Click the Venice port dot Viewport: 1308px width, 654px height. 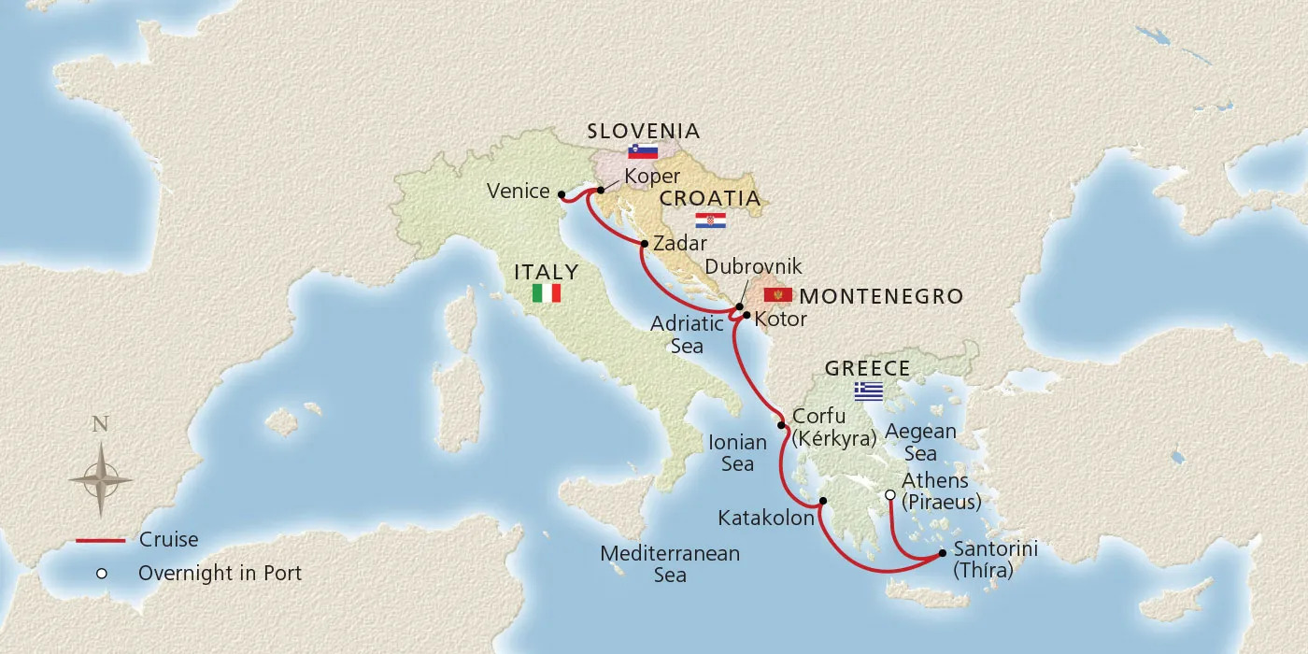point(561,195)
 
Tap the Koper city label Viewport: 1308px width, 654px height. point(652,177)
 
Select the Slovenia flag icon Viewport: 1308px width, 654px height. point(643,151)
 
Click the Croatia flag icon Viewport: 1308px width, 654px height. point(710,220)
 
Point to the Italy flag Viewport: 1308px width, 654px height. point(546,293)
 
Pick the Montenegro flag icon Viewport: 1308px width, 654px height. point(777,296)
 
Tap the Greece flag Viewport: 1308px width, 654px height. point(868,391)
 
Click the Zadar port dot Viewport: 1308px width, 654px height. point(644,245)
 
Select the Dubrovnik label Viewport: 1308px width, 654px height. point(753,267)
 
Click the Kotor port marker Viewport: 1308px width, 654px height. point(746,315)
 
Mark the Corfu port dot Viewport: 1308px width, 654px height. point(781,425)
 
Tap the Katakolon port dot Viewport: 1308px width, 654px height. point(822,502)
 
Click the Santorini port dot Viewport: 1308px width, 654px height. point(942,553)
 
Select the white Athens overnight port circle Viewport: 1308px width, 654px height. point(890,494)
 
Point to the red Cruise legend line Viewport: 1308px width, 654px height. point(101,540)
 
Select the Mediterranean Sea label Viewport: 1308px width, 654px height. point(670,564)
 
